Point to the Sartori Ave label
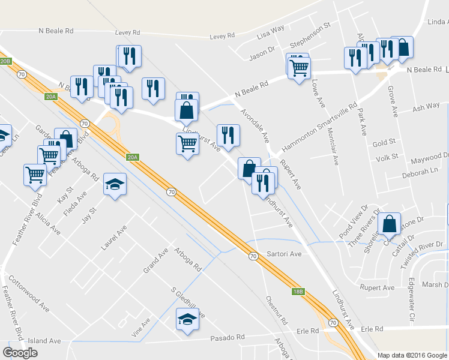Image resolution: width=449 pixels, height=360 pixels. coord(284,254)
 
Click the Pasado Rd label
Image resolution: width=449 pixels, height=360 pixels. coord(225,338)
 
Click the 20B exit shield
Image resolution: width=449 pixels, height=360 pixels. coord(5,61)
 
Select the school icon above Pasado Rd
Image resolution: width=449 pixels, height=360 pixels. coord(187,319)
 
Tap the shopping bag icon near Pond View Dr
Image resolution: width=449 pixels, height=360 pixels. coord(390,224)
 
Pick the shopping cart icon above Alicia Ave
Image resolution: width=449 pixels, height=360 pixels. coord(35,175)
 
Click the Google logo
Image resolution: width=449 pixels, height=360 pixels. coord(20,352)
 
